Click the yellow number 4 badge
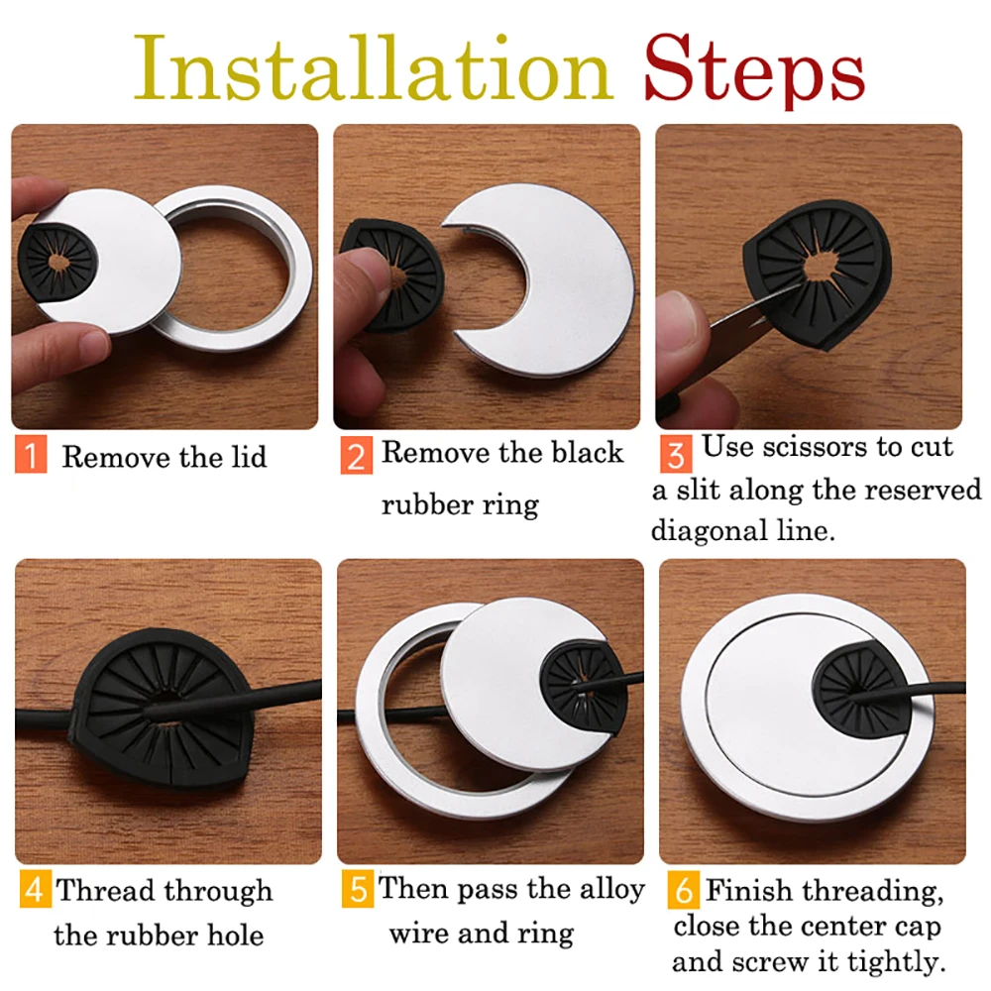coord(35,889)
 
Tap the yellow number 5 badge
coord(357,889)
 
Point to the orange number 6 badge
coord(683,889)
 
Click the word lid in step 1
coord(244,457)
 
